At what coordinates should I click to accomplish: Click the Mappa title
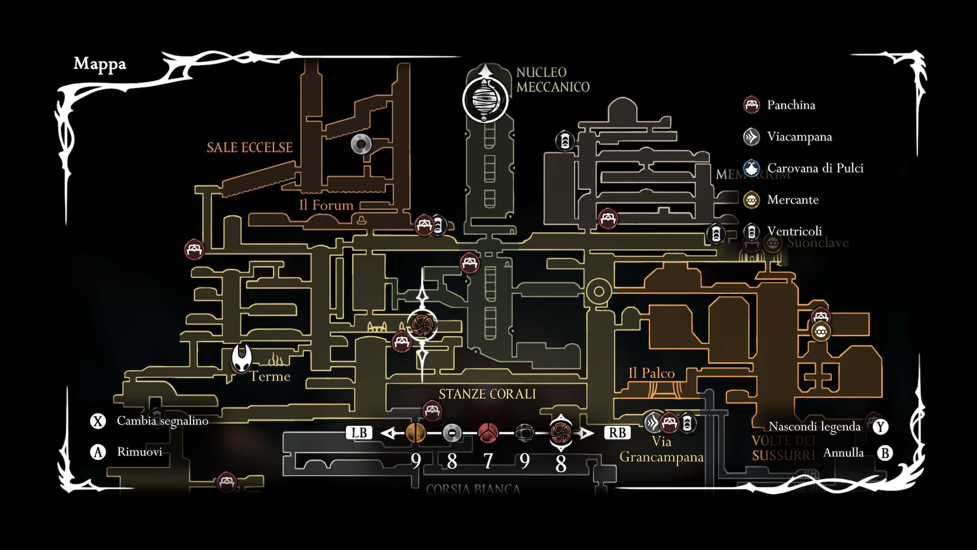(x=100, y=64)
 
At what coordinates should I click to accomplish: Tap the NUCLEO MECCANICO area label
(x=553, y=80)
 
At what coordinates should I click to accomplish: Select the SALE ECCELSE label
(x=249, y=148)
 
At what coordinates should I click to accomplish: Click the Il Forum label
(x=326, y=205)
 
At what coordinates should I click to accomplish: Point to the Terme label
(x=270, y=376)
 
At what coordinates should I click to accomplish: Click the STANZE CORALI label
(x=487, y=394)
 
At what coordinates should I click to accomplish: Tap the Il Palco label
(x=651, y=373)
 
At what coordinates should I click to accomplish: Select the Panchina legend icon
(x=752, y=105)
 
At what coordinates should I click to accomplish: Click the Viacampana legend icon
(x=752, y=136)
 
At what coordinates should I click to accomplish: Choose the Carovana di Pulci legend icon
(x=752, y=168)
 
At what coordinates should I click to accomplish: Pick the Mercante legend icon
(x=752, y=200)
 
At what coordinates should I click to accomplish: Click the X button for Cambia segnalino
(x=98, y=421)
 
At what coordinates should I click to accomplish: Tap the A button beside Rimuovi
(x=98, y=452)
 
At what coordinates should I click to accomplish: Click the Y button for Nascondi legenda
(x=880, y=427)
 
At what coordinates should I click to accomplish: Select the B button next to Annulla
(x=885, y=453)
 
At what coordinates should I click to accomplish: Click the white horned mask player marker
(x=242, y=358)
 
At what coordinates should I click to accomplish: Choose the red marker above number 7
(x=488, y=433)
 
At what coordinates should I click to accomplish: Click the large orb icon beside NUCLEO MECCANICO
(x=485, y=100)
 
